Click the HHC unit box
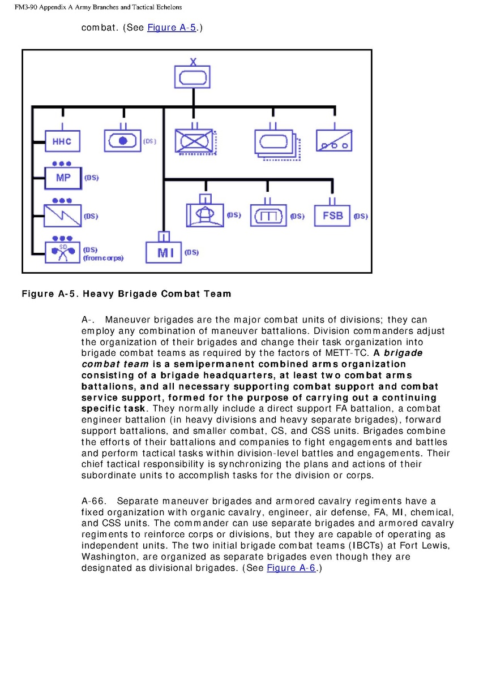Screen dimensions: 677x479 (62, 141)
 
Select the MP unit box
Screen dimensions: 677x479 (63, 178)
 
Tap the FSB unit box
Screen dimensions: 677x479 (332, 216)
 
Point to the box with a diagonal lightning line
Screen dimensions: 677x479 (63, 215)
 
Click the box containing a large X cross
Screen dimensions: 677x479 (195, 139)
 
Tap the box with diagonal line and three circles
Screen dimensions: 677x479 (333, 140)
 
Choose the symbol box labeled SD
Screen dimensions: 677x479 (63, 251)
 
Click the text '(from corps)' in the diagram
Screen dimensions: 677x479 (103, 258)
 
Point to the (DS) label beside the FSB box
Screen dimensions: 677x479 (360, 217)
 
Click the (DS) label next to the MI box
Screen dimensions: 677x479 (191, 252)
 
